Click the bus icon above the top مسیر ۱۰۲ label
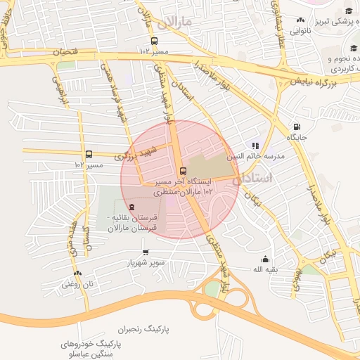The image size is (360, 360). point(154,40)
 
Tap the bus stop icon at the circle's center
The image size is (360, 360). point(183,171)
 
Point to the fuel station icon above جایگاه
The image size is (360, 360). point(293,127)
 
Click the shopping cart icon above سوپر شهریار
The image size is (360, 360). point(146,252)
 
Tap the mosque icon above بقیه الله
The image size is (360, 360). point(264,258)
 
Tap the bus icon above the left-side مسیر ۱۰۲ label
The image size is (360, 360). point(89,154)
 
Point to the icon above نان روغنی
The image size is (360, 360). point(77,273)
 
